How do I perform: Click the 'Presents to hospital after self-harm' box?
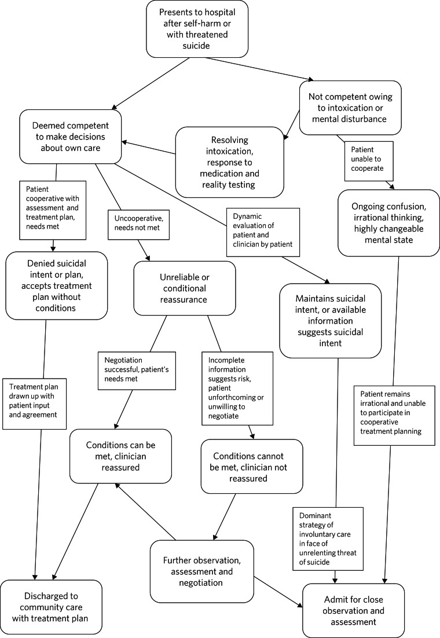point(197,28)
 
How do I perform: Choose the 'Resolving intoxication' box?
point(230,163)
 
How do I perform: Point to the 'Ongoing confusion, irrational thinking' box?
point(388,222)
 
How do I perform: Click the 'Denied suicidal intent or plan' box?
point(56,286)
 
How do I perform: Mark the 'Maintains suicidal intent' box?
point(330,321)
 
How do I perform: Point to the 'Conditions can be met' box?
point(120,456)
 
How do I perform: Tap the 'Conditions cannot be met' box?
point(252,467)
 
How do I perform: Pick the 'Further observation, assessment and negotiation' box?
point(201,571)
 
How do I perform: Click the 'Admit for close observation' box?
point(353,610)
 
